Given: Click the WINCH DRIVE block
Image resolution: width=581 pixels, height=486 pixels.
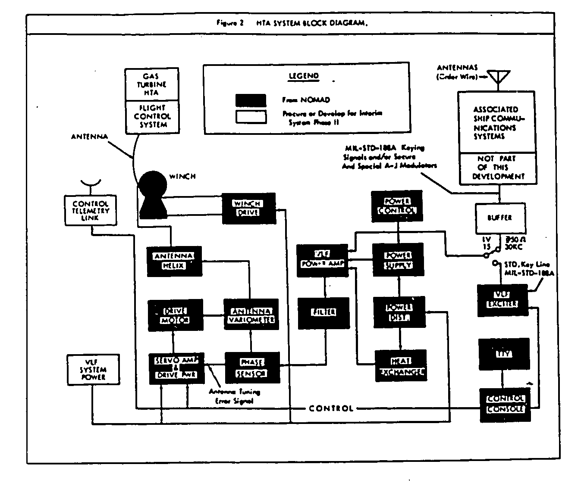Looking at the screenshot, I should [x=248, y=208].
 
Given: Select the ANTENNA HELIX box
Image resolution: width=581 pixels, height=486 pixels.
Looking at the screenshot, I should [x=174, y=261].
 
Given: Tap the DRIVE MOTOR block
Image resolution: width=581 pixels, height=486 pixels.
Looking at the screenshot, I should [x=176, y=315].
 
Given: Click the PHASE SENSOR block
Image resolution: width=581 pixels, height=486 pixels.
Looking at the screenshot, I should [x=252, y=368].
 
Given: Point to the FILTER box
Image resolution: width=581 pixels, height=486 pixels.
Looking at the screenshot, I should [x=324, y=312].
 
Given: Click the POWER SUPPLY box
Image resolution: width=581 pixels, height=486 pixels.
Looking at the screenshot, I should [x=398, y=260].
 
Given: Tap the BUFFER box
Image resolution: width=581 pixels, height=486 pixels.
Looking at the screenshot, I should [x=500, y=218].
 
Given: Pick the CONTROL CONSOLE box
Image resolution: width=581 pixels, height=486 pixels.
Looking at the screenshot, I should [x=505, y=404].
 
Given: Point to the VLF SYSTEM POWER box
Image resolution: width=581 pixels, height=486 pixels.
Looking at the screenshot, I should [x=93, y=370].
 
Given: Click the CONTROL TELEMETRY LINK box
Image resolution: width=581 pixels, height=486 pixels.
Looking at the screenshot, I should [x=91, y=210].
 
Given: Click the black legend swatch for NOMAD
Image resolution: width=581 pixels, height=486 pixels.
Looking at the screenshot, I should [x=251, y=100].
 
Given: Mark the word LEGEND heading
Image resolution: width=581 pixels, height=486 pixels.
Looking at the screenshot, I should [x=304, y=76].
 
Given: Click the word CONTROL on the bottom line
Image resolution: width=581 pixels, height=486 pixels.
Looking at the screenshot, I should [x=331, y=408].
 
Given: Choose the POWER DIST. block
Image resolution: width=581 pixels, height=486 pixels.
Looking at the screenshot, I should [x=399, y=312].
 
